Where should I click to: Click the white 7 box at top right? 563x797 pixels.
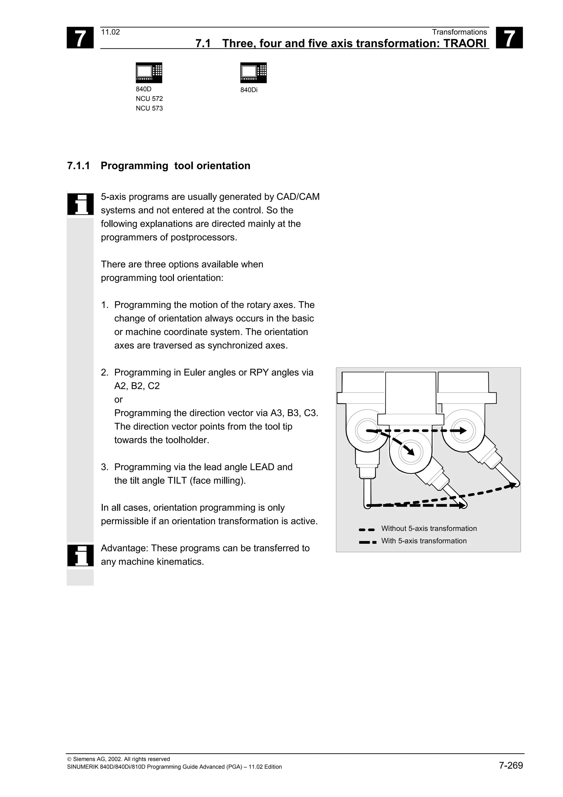click(x=509, y=38)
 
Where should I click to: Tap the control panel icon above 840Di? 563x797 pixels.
click(x=253, y=73)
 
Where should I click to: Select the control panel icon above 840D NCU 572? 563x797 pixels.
click(x=149, y=73)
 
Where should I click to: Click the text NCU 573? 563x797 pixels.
click(x=149, y=108)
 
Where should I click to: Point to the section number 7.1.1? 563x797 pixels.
click(x=78, y=166)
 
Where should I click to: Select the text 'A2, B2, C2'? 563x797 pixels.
click(x=137, y=386)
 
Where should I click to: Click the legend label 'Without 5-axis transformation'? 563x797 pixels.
click(x=429, y=528)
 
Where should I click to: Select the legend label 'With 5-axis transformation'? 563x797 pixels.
click(x=424, y=541)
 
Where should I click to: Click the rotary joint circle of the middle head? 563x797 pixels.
click(x=411, y=452)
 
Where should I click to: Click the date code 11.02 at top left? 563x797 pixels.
click(x=110, y=32)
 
